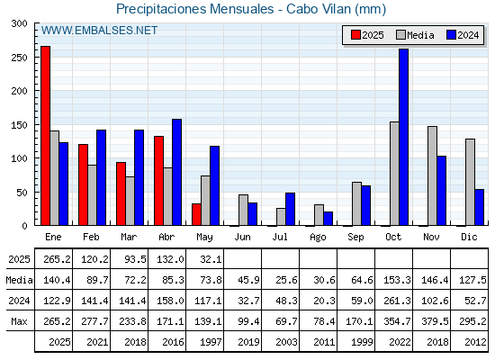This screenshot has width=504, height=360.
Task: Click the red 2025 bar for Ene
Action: tap(45, 136)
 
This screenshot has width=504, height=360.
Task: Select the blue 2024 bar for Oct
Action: tap(403, 137)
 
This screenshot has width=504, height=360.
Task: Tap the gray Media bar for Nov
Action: tap(432, 175)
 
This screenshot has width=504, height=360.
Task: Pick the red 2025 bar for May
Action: tap(196, 214)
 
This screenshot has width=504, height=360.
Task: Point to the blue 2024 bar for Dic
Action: tap(479, 207)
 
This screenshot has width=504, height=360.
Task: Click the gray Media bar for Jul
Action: tap(281, 217)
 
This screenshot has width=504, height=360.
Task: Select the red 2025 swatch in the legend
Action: tap(355, 35)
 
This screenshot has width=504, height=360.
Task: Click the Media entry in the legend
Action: tap(415, 35)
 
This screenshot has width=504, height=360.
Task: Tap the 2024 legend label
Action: tap(468, 35)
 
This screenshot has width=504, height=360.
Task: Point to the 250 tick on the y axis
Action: tap(19, 58)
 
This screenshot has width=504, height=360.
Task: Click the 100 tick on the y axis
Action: tap(19, 158)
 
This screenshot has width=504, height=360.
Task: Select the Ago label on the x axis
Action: tap(318, 238)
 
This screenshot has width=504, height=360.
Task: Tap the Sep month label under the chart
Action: tap(355, 238)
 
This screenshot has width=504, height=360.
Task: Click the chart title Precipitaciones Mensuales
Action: tap(194, 9)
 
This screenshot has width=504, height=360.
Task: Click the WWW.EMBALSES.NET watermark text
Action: tap(99, 31)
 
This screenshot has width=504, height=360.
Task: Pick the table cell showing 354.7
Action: tap(397, 321)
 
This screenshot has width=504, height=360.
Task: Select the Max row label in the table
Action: tap(19, 321)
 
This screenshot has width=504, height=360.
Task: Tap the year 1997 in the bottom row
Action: tap(211, 342)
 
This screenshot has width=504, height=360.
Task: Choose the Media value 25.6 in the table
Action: tap(286, 280)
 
